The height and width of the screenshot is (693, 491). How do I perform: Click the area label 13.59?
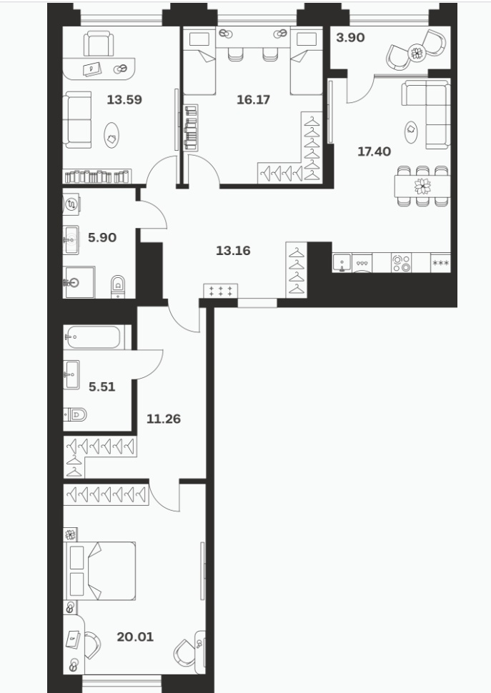coord(124,99)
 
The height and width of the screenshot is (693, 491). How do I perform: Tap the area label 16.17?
coord(253,99)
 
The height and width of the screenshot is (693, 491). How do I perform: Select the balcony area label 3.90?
coord(350,38)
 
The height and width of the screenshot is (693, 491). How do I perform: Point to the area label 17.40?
coord(374,151)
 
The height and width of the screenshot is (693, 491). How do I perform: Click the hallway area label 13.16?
coord(233,251)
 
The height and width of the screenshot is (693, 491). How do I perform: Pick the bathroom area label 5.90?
coord(102,237)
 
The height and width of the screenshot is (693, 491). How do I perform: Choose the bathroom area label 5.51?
coord(101,387)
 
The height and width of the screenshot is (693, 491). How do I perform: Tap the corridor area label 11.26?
coord(164,419)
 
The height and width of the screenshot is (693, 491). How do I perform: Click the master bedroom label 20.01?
coord(135,637)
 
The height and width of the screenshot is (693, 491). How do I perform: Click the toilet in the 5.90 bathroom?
coord(118,286)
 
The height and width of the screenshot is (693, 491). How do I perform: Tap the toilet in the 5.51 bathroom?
coord(75,414)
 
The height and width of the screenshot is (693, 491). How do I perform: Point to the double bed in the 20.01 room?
coord(100,571)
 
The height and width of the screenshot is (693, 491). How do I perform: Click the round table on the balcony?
coord(416,53)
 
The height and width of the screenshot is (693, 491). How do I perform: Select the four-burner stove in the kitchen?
coord(401,262)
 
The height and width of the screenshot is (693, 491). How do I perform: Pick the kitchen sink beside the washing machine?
coord(342,262)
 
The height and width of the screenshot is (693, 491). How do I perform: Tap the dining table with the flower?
coord(422,186)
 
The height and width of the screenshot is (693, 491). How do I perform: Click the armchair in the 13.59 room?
coord(99,43)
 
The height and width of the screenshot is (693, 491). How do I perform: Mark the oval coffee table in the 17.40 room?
coord(411,132)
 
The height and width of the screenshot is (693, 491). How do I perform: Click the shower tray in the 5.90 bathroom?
coord(79,282)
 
